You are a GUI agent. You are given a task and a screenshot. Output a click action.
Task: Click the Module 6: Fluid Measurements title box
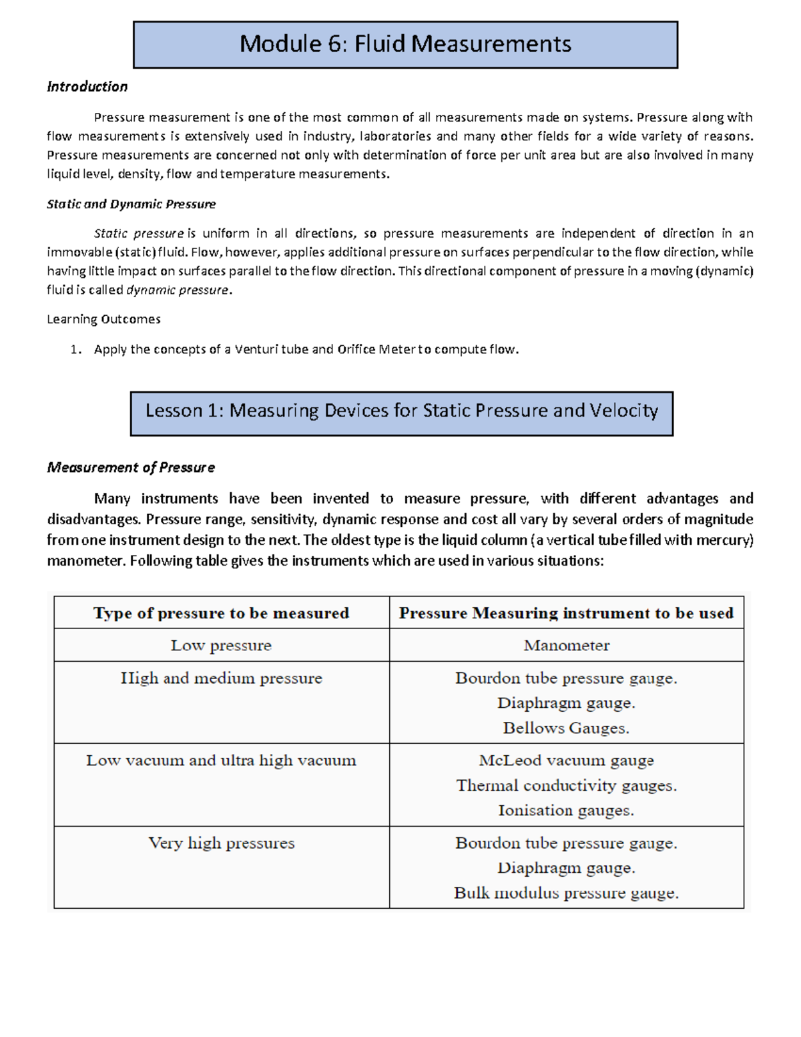point(405,45)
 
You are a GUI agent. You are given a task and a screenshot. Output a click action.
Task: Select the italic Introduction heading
point(87,87)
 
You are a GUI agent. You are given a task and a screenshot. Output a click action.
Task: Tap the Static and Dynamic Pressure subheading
point(131,204)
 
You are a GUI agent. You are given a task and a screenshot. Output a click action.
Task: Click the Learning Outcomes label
point(103,319)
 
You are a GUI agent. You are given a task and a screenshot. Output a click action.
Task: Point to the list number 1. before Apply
point(76,349)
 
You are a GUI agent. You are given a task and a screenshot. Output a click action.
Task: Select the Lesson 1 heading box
point(401,411)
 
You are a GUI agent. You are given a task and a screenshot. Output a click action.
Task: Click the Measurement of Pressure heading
point(131,467)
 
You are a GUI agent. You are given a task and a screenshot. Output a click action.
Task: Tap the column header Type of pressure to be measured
point(221,613)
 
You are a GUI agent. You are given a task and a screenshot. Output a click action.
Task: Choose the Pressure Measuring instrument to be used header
point(566,613)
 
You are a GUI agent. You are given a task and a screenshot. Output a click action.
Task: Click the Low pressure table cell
point(221,646)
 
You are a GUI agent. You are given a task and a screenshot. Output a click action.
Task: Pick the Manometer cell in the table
point(566,646)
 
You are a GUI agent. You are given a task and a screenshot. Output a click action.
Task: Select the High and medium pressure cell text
point(221,678)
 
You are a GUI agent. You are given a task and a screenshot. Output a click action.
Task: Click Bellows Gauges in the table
point(566,728)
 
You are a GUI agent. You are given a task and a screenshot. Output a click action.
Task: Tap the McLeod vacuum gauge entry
point(566,761)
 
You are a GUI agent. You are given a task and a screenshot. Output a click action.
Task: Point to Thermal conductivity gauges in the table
point(566,786)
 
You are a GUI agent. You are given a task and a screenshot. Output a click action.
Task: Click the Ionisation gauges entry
point(566,811)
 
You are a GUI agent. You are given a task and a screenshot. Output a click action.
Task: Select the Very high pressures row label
point(221,843)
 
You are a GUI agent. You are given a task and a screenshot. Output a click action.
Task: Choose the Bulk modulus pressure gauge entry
point(566,893)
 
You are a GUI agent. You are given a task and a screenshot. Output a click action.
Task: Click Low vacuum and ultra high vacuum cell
point(221,761)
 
